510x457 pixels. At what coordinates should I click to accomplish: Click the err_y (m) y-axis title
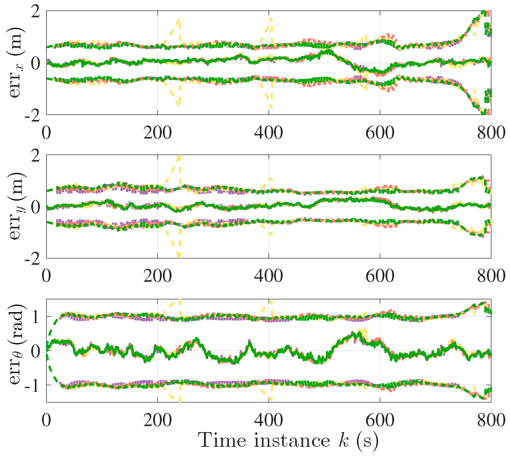point(16,206)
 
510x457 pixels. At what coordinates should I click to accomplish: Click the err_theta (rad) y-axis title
point(16,344)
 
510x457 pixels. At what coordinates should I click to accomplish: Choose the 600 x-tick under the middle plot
point(380,276)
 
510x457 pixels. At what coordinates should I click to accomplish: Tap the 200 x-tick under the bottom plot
point(157,421)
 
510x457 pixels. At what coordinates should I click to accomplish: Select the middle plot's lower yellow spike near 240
point(179,255)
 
